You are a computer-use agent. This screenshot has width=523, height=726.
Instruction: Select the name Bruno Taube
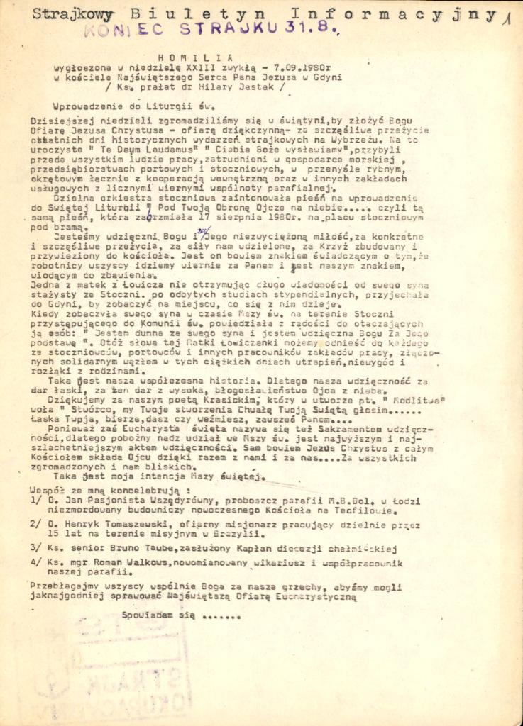point(141,549)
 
